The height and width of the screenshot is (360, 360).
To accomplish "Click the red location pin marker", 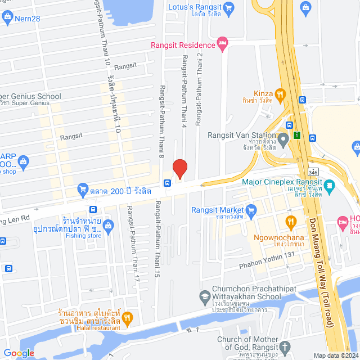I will pos(179,168).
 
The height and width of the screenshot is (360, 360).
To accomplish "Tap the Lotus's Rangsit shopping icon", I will pos(228,7).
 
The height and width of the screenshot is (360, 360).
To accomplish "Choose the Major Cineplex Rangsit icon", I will pos(329,184).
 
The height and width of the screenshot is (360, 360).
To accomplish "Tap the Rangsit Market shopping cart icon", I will pos(251,211).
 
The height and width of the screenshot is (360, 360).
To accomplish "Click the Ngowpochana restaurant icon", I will pos(290,221).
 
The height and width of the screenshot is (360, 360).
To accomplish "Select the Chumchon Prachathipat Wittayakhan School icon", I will pos(205,296).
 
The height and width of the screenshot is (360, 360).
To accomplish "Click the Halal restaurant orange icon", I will pos(127,318).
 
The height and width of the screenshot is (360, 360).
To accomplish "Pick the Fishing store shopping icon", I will pos(109,226).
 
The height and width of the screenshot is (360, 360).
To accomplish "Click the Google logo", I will pos(19,353).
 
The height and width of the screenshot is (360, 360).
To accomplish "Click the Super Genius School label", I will pos(31,96).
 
